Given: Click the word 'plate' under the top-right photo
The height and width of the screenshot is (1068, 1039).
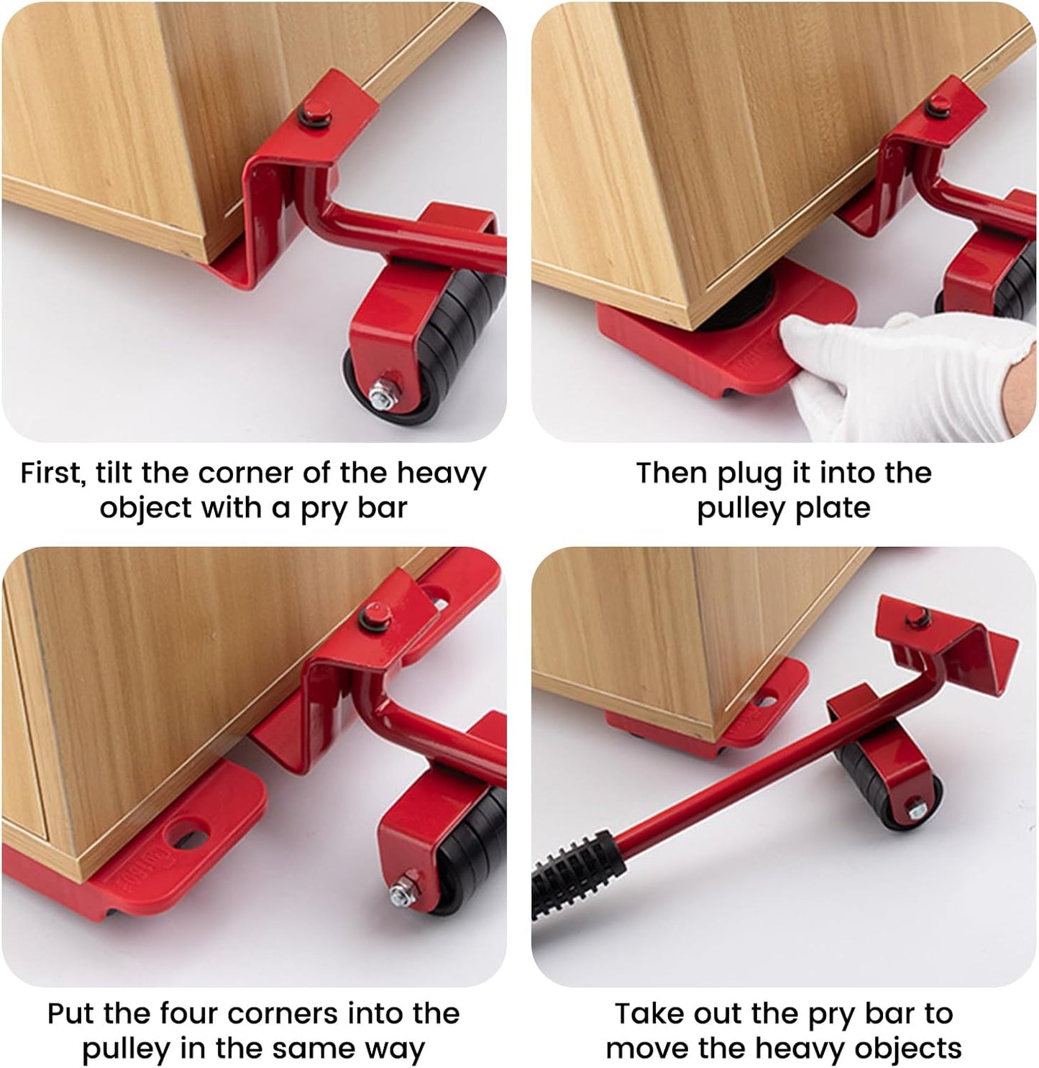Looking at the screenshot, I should click(834, 509).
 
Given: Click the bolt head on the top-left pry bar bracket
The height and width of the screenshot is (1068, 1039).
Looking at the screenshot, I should click(313, 111).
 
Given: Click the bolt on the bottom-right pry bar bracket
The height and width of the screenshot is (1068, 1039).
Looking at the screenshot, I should click(918, 615).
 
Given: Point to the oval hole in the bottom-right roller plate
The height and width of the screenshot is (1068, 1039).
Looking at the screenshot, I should click(766, 697).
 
